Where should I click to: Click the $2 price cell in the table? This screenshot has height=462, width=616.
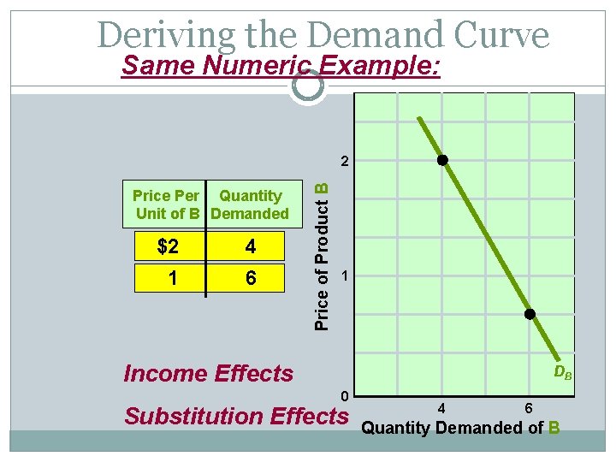tap(169, 247)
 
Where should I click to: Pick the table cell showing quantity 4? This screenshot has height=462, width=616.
tap(250, 247)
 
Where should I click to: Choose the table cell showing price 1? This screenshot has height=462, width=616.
tap(172, 277)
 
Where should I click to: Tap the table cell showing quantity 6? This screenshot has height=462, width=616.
tap(250, 277)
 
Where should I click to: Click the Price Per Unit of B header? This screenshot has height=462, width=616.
tap(167, 204)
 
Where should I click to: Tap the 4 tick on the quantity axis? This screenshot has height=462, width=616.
tap(441, 408)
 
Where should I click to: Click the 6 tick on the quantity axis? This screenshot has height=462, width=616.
tap(529, 408)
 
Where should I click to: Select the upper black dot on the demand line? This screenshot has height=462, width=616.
tap(442, 160)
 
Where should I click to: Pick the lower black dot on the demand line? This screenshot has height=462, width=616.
tap(530, 315)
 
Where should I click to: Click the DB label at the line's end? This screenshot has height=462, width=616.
tap(562, 372)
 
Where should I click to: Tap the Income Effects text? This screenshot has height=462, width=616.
tap(208, 374)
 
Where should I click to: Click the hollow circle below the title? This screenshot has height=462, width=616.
tap(307, 85)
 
